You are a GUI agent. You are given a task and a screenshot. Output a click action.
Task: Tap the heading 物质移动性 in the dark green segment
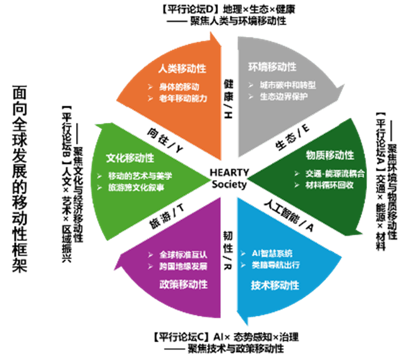point(330,155)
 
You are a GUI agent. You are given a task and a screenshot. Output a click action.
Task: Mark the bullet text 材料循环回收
point(330,184)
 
